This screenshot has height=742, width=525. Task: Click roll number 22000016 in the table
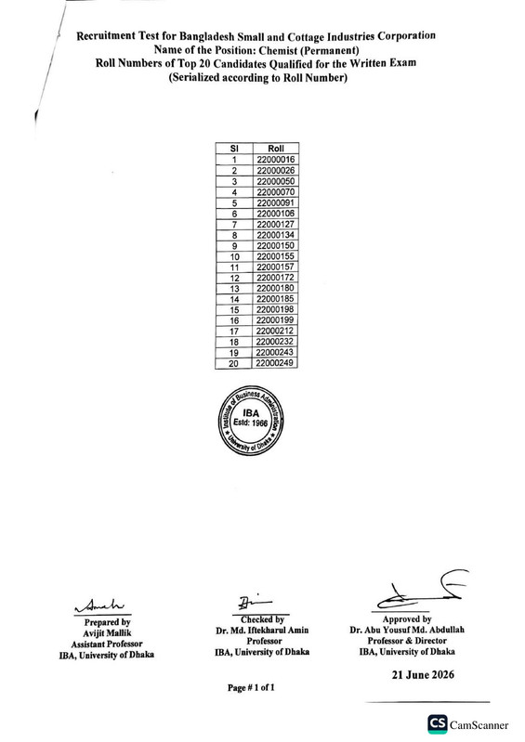coord(276,160)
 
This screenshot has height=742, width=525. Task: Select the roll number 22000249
coord(274,363)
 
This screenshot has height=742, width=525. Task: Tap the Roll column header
coord(276,149)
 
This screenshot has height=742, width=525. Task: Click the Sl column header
coord(234,149)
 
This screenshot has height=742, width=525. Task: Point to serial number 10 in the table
coord(235,257)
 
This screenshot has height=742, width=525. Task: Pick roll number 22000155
coord(276,256)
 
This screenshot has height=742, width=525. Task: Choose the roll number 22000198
coord(275,309)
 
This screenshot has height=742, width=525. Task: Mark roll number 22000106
coord(276,214)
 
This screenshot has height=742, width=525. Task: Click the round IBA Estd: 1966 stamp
coord(251,420)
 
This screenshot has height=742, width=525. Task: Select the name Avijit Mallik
coord(107,633)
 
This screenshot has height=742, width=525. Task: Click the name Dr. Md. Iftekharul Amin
coord(262,631)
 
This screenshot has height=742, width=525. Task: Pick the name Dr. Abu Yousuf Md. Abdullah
coord(407,630)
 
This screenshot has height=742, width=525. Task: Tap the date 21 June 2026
coord(423,675)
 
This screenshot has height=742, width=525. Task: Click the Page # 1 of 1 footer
coord(251,687)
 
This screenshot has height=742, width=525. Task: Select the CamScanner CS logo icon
coord(438,724)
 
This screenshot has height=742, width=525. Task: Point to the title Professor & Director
coord(407,641)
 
